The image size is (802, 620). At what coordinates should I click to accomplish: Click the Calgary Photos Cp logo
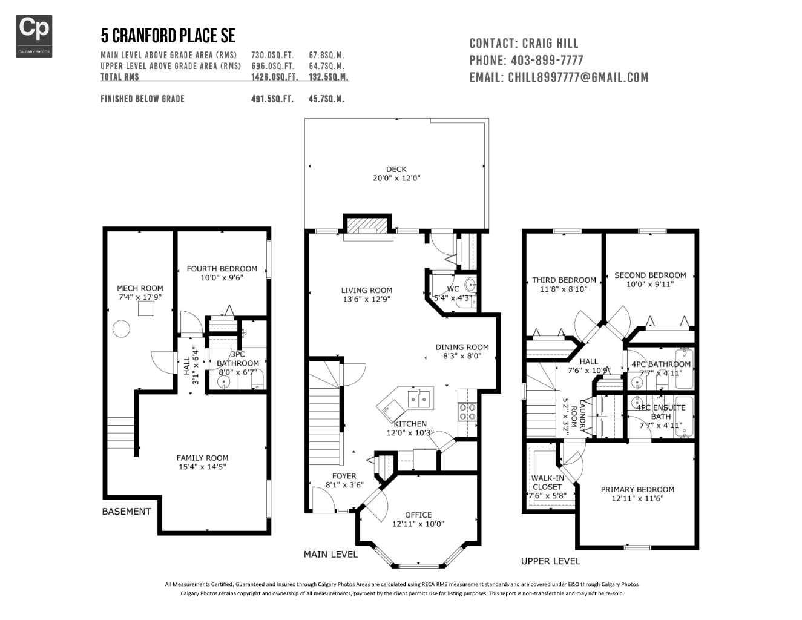point(34,36)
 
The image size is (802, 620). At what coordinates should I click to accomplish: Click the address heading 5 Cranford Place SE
point(168,36)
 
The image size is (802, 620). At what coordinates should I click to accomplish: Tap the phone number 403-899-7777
point(547,61)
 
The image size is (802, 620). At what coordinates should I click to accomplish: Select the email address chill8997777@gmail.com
point(578,77)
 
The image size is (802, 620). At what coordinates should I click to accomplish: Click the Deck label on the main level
point(396,169)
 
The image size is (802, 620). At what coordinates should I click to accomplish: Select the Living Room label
point(366,291)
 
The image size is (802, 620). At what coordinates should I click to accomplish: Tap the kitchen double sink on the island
point(419,398)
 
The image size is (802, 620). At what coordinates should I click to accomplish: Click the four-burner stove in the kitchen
point(467,412)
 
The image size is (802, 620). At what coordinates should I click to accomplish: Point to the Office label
point(418,515)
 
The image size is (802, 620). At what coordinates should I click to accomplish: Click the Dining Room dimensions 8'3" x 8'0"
point(462,357)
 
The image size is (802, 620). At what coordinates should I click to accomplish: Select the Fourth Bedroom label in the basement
point(222,269)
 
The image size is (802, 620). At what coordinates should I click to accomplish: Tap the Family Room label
point(202,458)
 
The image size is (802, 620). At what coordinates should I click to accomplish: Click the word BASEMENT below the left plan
point(127,512)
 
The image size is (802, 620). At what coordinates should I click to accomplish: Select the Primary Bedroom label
point(637,490)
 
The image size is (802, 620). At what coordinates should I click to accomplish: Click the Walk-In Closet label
point(547,483)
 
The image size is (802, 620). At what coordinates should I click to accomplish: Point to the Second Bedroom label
point(650,275)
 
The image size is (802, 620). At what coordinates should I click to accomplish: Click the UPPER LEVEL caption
point(550,561)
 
